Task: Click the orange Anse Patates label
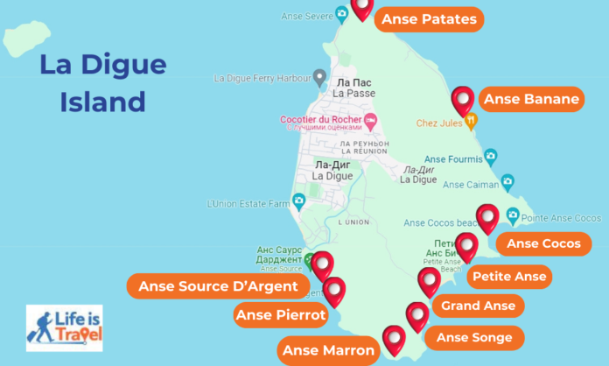coord(429,18)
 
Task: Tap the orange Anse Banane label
coord(531,100)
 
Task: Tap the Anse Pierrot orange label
coord(280,315)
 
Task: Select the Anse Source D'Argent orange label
coord(218,286)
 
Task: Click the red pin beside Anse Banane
coord(462,101)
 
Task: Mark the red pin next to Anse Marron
coord(394,339)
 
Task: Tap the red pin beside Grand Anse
coord(429,282)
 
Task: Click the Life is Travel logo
coord(64,327)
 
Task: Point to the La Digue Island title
coord(102,83)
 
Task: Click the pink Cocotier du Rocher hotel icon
coord(371,120)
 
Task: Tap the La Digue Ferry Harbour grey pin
coord(320,77)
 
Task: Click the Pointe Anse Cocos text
coord(561,217)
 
